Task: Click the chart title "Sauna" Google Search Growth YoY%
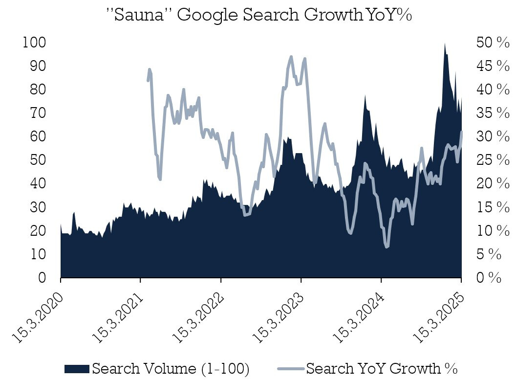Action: click(259, 15)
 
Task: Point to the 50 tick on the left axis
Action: click(38, 160)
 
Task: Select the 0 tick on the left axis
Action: click(42, 278)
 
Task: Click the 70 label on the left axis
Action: click(38, 113)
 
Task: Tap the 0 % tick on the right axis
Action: click(489, 278)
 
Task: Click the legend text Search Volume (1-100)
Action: click(171, 368)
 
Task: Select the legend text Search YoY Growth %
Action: click(382, 368)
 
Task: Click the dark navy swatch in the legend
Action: click(77, 368)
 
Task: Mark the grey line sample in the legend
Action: click(291, 368)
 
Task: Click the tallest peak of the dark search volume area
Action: click(445, 44)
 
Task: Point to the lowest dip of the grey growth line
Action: click(387, 247)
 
